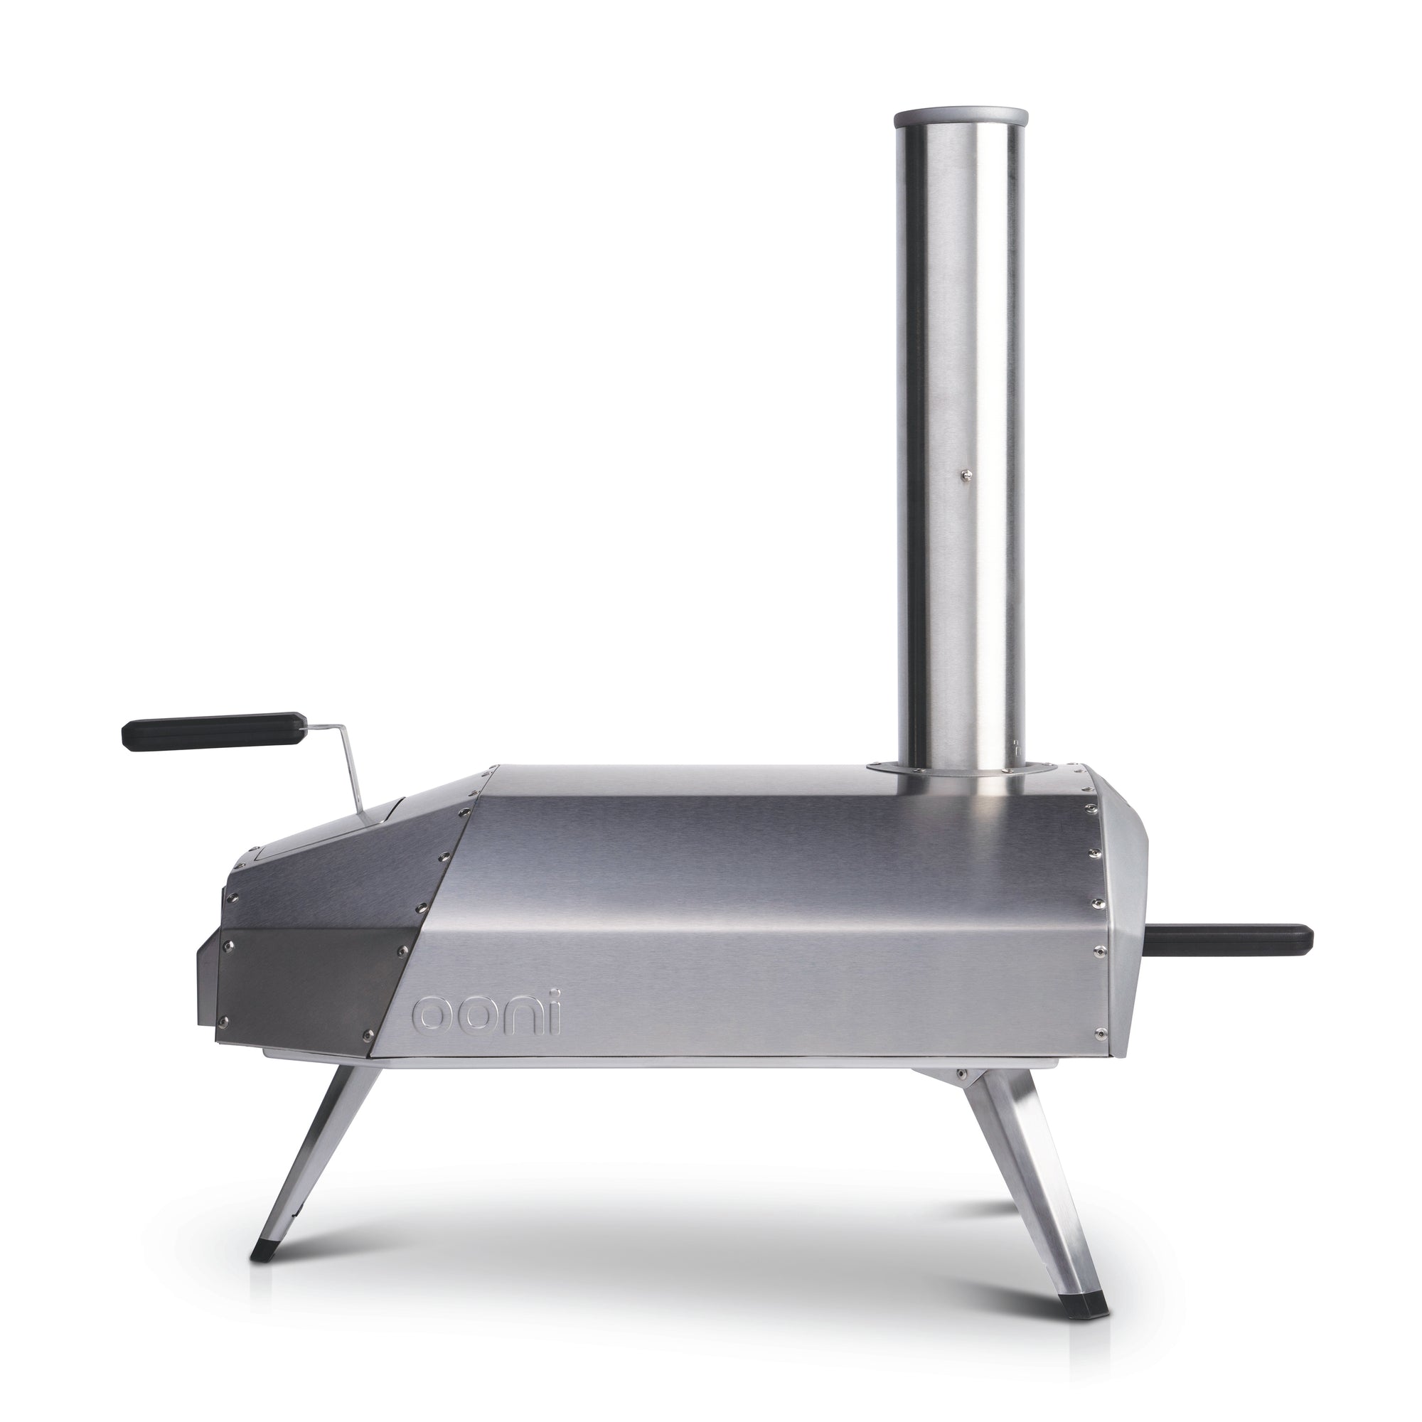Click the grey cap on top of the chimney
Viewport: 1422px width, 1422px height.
tap(959, 117)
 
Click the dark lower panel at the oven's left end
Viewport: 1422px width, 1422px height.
tap(309, 986)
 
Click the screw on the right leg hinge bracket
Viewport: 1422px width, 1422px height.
tap(960, 1074)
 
